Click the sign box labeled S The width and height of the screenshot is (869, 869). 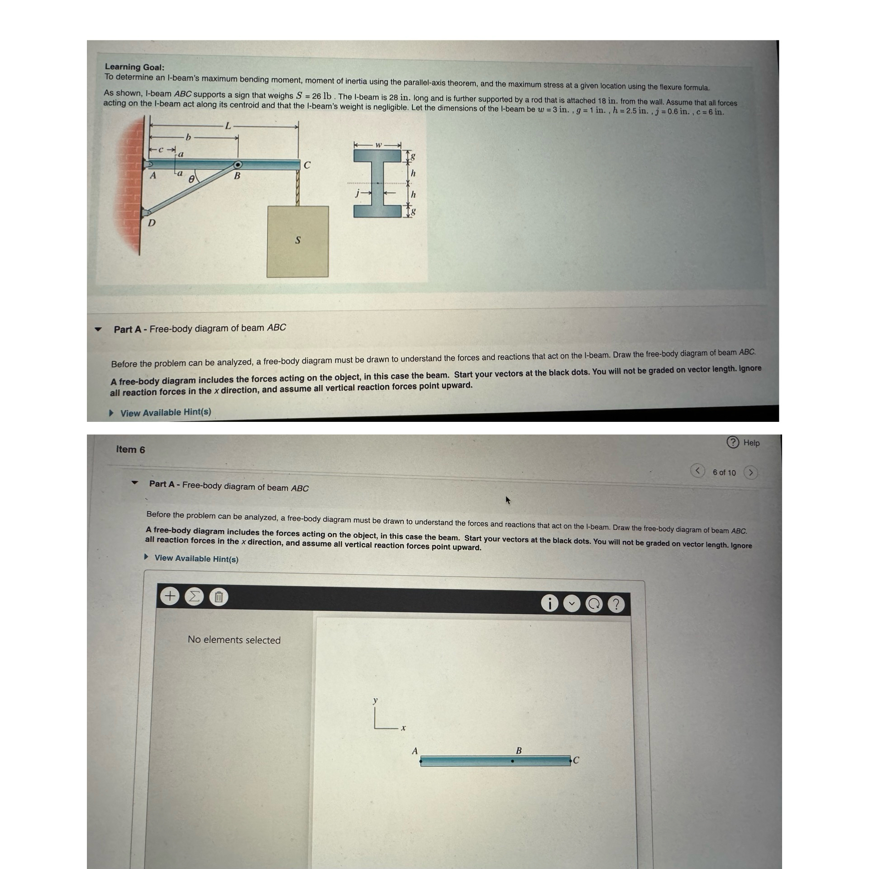[297, 241]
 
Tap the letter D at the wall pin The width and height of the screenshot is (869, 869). [152, 223]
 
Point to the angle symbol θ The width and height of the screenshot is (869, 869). [191, 179]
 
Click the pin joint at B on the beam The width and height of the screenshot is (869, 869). [237, 165]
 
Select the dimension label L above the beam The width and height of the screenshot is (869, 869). [228, 126]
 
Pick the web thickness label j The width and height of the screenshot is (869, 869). [357, 193]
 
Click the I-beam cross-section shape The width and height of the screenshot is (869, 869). [378, 183]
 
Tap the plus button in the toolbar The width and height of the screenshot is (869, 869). [170, 596]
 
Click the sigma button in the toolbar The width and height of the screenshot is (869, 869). [194, 597]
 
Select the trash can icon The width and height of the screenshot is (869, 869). [218, 597]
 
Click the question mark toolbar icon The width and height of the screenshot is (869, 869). [616, 604]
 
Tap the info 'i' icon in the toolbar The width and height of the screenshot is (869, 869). [549, 603]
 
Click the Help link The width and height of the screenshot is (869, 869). [751, 443]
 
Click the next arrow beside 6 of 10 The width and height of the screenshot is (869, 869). [751, 473]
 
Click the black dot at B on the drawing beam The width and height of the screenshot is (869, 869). [512, 761]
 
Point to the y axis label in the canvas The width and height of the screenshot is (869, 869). [375, 700]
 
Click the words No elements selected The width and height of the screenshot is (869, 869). [234, 640]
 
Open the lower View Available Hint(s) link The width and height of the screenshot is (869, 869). [196, 559]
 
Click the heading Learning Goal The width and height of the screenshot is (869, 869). [134, 67]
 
